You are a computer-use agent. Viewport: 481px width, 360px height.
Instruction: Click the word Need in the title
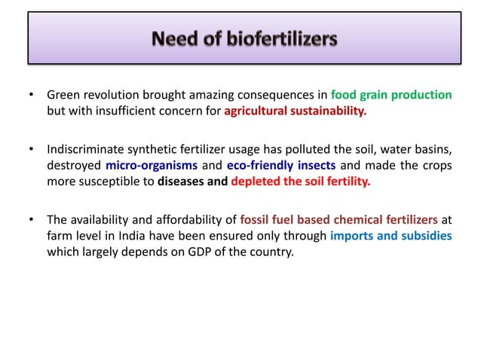175,37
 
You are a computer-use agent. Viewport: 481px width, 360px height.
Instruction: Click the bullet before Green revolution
31,96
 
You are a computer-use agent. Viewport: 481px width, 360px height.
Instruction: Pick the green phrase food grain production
391,96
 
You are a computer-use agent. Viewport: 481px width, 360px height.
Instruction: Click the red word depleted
257,182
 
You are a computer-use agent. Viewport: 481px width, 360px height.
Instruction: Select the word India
126,236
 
